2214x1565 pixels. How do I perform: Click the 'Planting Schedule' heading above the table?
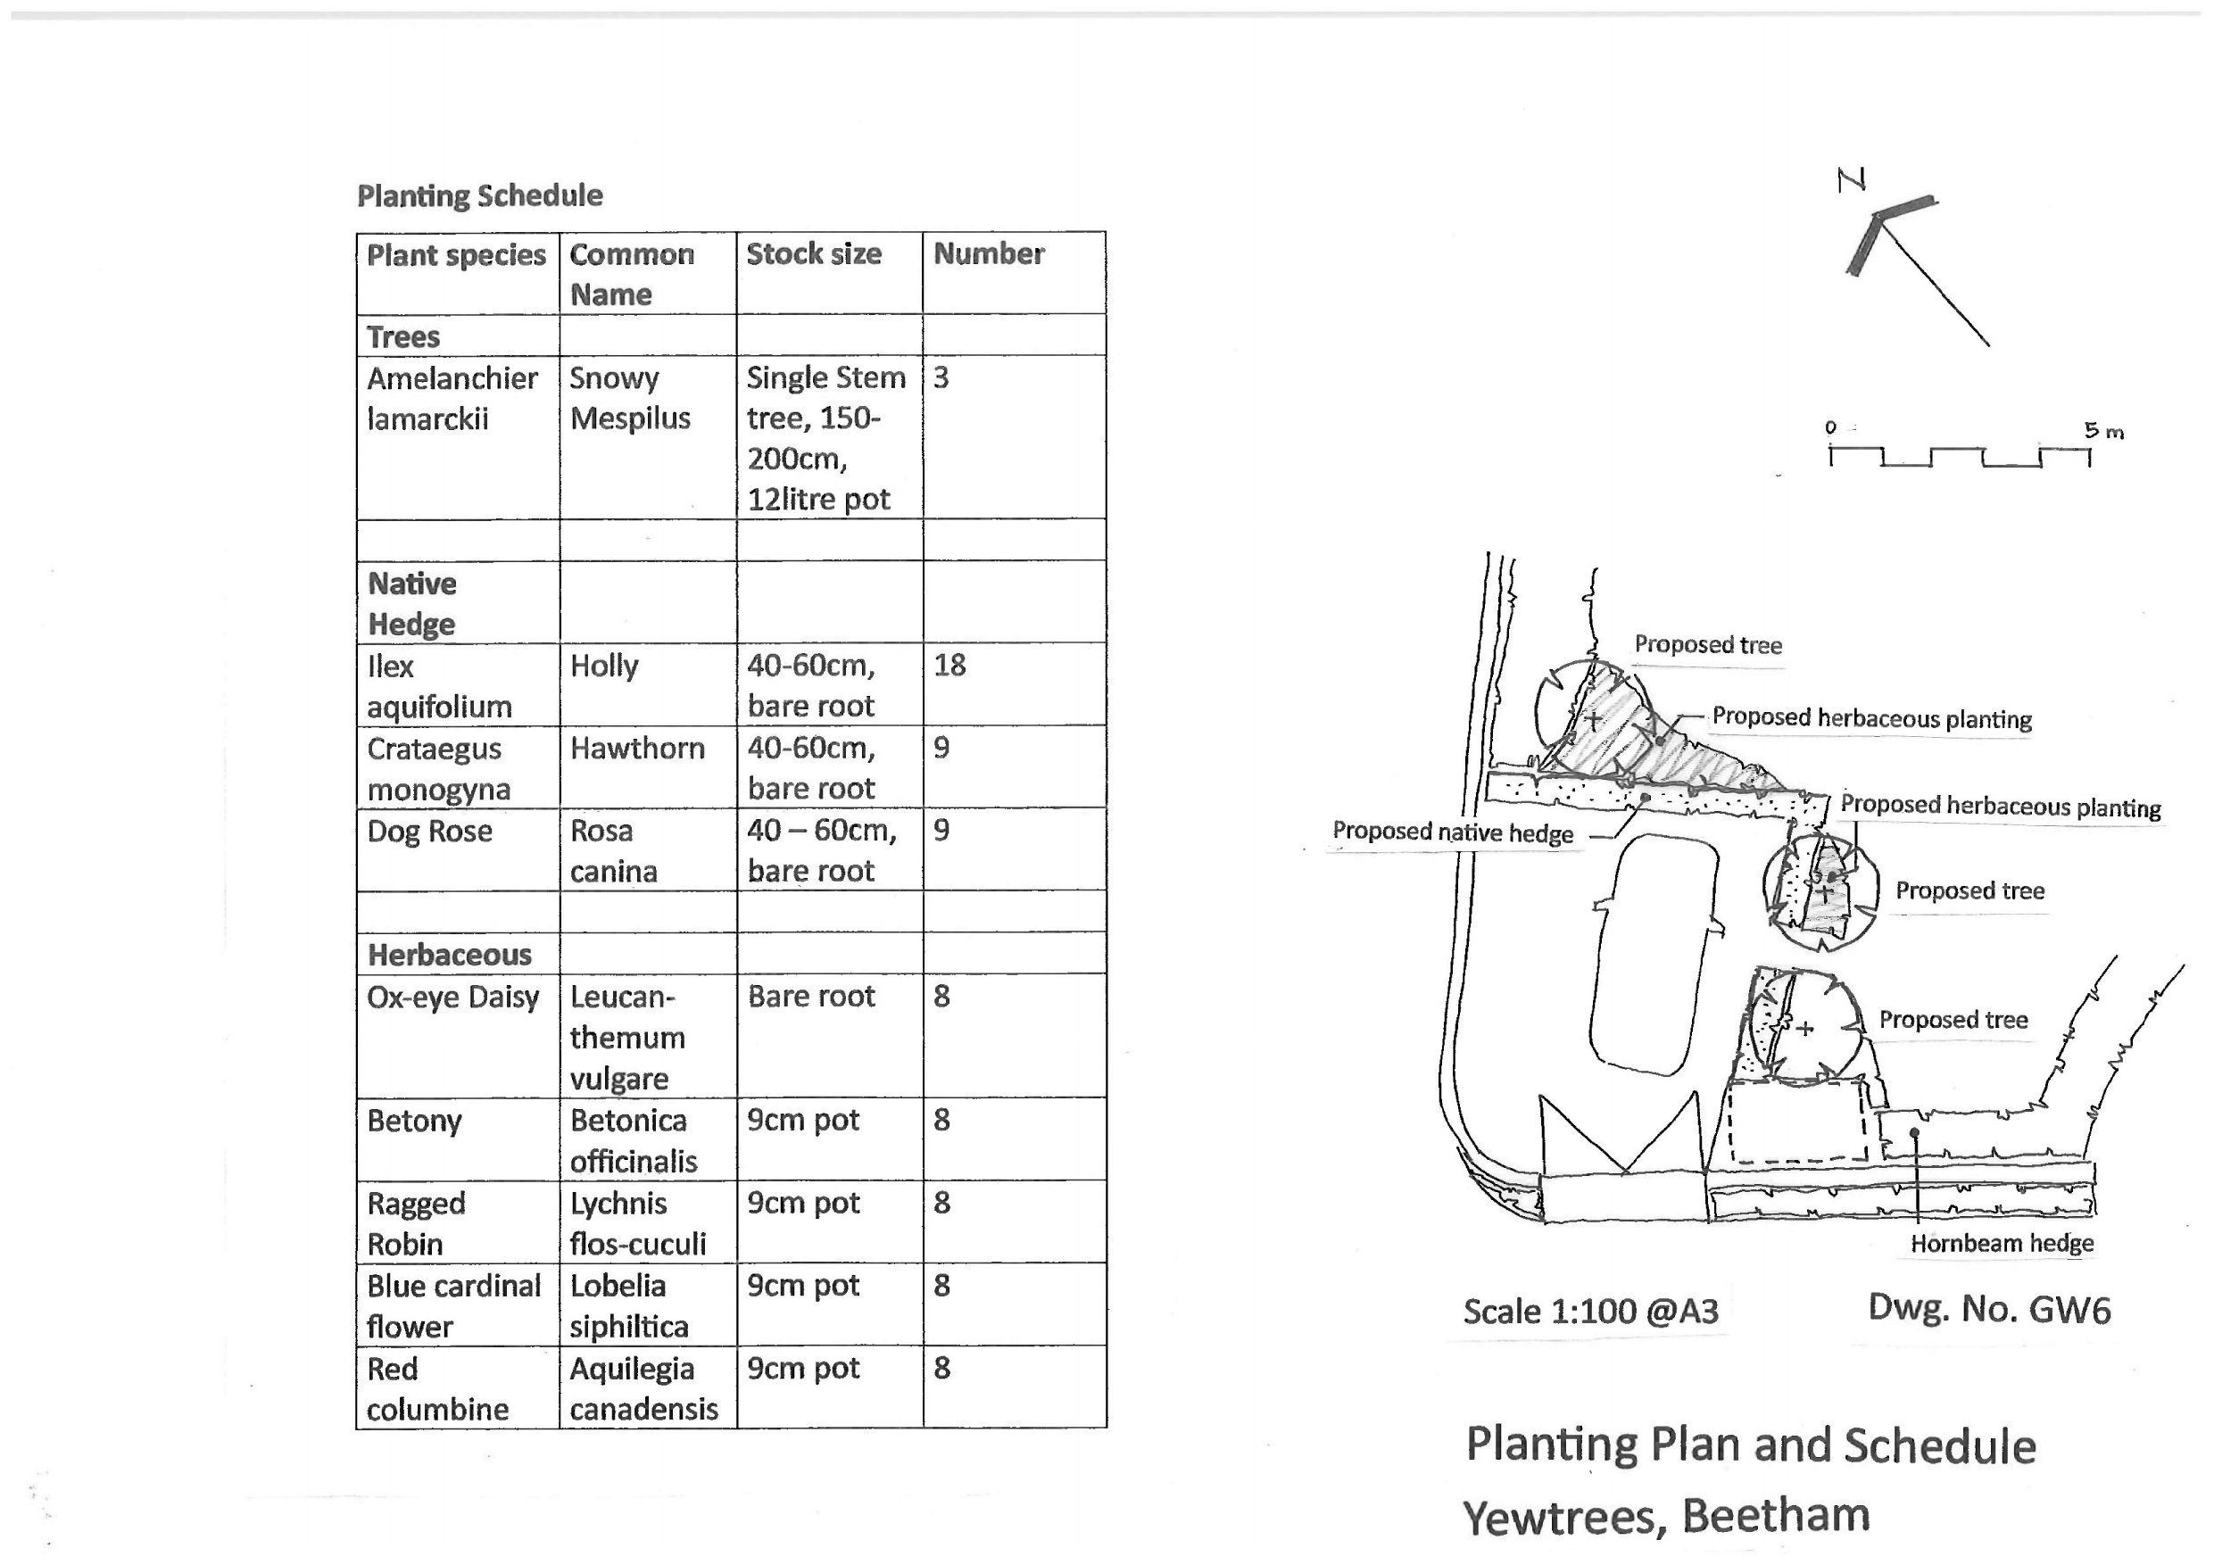click(x=479, y=195)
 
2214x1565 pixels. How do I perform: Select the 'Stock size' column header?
click(x=813, y=253)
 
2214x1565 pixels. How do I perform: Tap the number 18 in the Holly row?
click(x=949, y=666)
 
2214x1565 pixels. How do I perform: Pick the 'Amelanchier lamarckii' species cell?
click(x=452, y=398)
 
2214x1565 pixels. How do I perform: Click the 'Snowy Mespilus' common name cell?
click(x=630, y=398)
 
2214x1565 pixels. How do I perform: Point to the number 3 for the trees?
click(x=941, y=378)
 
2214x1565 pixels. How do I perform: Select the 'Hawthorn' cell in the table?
click(x=636, y=749)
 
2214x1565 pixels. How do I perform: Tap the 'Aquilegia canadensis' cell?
click(x=643, y=1388)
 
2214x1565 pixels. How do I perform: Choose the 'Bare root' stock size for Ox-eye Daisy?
click(x=811, y=996)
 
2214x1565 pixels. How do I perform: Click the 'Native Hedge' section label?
click(x=411, y=604)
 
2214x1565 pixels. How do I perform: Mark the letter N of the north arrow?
click(x=1852, y=179)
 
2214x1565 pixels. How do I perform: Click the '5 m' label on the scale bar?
click(x=2103, y=431)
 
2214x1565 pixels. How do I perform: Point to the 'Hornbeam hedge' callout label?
click(x=2002, y=1243)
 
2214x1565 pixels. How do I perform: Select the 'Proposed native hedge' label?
click(x=1452, y=832)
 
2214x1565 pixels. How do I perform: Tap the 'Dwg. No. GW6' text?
click(x=1988, y=1309)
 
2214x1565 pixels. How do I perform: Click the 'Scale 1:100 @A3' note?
click(x=1590, y=1312)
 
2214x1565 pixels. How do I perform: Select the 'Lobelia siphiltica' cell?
click(x=629, y=1305)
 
